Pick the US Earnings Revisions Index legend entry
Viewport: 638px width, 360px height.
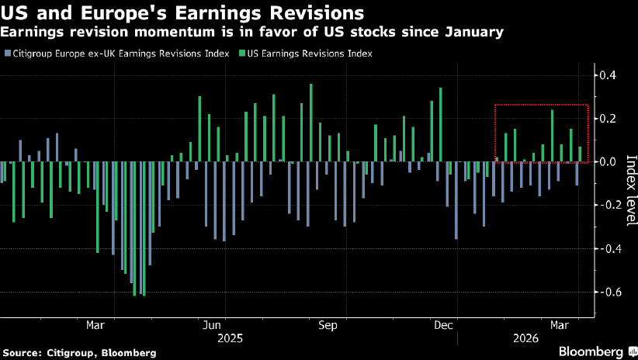point(310,54)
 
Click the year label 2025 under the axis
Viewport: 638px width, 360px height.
point(230,339)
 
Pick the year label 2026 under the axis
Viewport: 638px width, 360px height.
point(525,339)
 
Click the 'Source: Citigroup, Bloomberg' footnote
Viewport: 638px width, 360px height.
point(78,352)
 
